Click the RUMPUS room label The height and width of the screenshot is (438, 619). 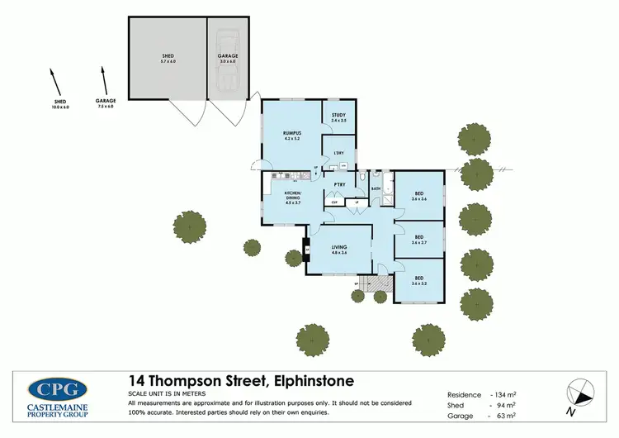tap(291, 135)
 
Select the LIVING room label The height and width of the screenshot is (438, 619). tap(338, 250)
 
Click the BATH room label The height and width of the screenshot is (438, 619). tap(376, 189)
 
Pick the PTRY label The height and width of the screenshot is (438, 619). tap(338, 185)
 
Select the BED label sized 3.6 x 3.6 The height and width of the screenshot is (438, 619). tap(418, 196)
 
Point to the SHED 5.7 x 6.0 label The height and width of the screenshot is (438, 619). tap(168, 58)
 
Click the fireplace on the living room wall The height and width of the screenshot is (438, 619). tap(307, 249)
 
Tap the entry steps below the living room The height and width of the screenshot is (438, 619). tap(377, 284)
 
